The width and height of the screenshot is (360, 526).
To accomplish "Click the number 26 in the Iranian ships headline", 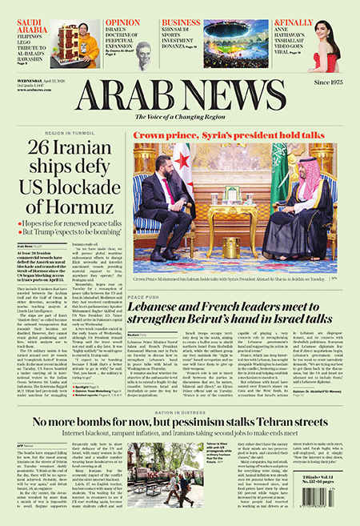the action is [x=42, y=149].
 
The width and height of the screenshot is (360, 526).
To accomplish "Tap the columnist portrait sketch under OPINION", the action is [x=143, y=55].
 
